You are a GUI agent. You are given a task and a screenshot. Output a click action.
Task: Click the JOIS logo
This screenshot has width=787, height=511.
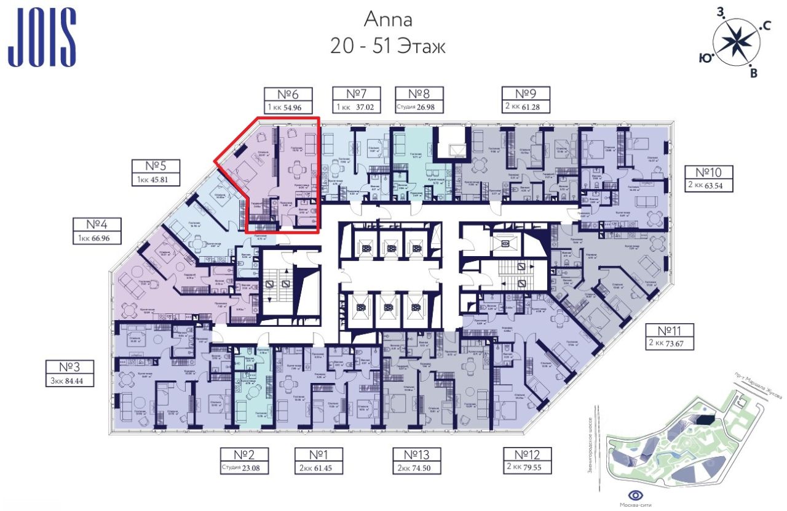pos(42,37)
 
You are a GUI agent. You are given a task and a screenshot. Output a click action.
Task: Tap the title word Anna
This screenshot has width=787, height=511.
pos(388,19)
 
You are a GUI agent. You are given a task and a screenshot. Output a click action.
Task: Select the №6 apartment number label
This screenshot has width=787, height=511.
pos(288,95)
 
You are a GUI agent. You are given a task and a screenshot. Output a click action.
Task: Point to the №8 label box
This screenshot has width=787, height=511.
pos(418,95)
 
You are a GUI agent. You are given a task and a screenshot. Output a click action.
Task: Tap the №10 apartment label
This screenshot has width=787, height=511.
pos(710,171)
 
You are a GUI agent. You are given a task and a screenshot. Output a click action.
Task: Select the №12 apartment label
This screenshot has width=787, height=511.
pos(528,455)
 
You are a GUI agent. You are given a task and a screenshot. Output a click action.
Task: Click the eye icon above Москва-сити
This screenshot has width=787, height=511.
pos(636,496)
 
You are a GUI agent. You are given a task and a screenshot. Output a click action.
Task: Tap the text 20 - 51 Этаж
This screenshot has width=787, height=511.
pos(388,46)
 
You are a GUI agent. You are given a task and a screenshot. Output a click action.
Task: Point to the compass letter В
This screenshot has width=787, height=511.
pos(754,74)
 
